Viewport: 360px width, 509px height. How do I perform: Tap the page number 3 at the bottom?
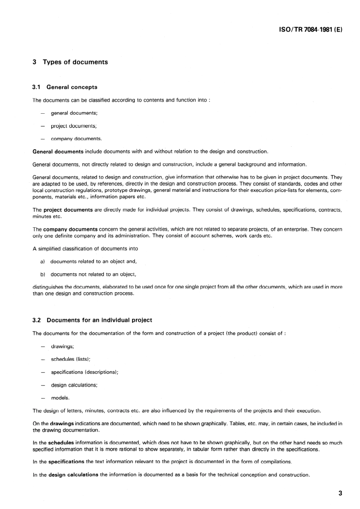(340, 493)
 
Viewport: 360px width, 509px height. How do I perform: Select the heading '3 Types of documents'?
(70, 62)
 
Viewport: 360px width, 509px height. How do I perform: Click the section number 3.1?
(36, 87)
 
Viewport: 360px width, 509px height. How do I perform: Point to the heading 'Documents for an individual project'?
(99, 320)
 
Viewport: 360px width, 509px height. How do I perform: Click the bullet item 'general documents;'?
(74, 113)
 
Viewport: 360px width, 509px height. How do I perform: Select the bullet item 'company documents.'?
(76, 139)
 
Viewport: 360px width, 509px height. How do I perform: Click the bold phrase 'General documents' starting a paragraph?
(58, 152)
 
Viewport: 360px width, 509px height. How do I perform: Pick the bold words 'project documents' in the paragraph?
(68, 210)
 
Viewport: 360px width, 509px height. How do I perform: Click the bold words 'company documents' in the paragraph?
(70, 229)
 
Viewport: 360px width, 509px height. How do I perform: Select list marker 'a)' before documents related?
(42, 262)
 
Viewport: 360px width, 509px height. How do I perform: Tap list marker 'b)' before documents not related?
(42, 274)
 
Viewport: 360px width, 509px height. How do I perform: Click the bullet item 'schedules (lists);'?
(70, 359)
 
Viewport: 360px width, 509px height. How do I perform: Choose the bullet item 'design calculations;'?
(74, 385)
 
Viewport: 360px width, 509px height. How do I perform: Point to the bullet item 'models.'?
(60, 398)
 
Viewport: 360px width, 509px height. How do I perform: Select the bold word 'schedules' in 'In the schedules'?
(61, 443)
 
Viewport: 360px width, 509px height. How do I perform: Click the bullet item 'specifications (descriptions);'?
(85, 372)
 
